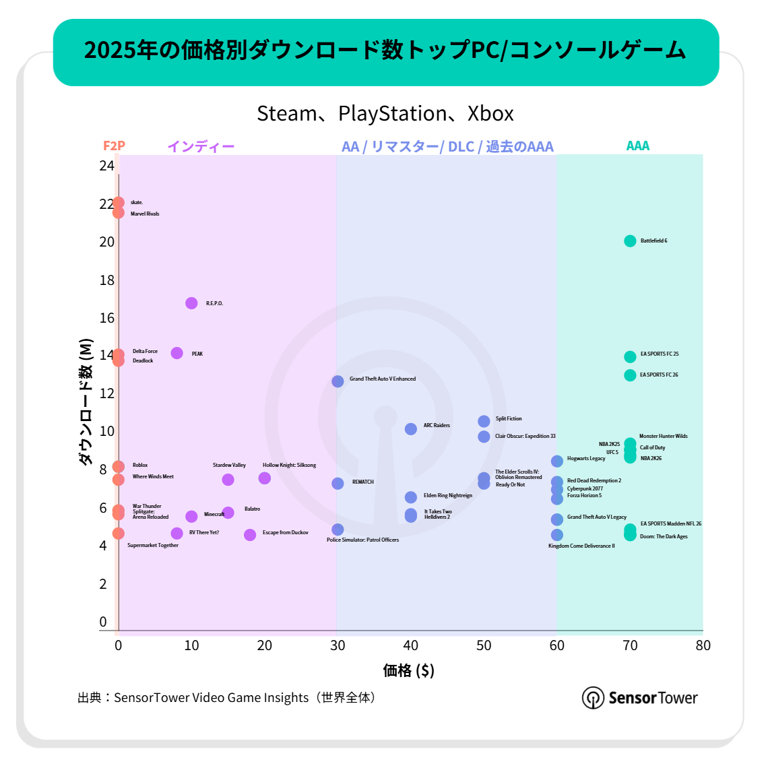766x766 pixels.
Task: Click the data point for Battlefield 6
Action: (x=630, y=241)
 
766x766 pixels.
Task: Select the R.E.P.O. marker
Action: (x=191, y=303)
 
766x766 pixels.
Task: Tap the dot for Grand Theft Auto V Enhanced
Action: (x=338, y=381)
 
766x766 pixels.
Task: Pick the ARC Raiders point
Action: (x=411, y=428)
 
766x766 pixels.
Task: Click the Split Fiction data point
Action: (x=484, y=421)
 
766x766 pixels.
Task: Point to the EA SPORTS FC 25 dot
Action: (x=630, y=356)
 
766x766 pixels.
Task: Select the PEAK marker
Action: (x=177, y=353)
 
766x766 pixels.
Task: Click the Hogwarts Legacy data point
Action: (x=557, y=461)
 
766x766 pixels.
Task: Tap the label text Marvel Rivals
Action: (x=145, y=214)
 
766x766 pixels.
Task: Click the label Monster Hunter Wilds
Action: (x=663, y=436)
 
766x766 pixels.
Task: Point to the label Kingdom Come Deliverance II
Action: (x=581, y=546)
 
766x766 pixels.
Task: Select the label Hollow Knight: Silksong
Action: (x=289, y=465)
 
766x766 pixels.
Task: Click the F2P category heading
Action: (x=114, y=146)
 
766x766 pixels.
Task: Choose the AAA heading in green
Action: (x=637, y=146)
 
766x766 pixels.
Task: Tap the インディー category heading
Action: (x=201, y=146)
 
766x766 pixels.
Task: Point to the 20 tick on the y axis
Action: (x=107, y=242)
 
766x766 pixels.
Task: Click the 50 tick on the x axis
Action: (x=484, y=645)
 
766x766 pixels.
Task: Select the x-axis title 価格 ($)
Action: (x=408, y=670)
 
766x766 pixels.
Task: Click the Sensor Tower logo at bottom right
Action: (x=639, y=697)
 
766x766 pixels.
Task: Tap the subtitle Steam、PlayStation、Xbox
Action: (x=385, y=113)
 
